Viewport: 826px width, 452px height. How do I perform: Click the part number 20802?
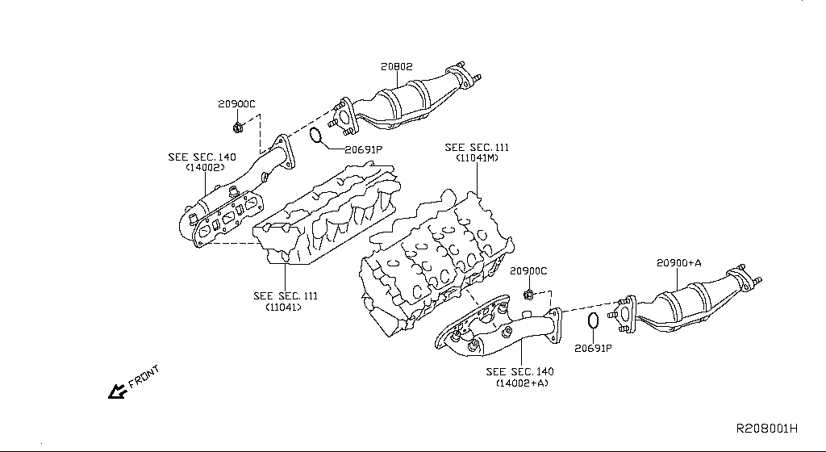point(397,67)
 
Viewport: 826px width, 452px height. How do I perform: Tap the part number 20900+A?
point(678,262)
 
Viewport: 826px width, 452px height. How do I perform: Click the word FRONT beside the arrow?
point(145,377)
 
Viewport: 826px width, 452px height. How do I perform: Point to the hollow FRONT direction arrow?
point(117,391)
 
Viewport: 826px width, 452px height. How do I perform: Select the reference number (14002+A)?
point(520,383)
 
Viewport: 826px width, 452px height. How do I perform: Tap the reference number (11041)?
point(285,307)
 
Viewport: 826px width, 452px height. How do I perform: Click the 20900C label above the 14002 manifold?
point(236,104)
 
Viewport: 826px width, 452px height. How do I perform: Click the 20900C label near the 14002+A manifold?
point(528,271)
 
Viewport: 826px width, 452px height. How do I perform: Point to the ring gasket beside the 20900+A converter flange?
point(592,320)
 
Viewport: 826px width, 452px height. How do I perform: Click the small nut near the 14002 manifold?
point(237,127)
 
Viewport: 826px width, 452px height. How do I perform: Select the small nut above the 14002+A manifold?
point(528,293)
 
